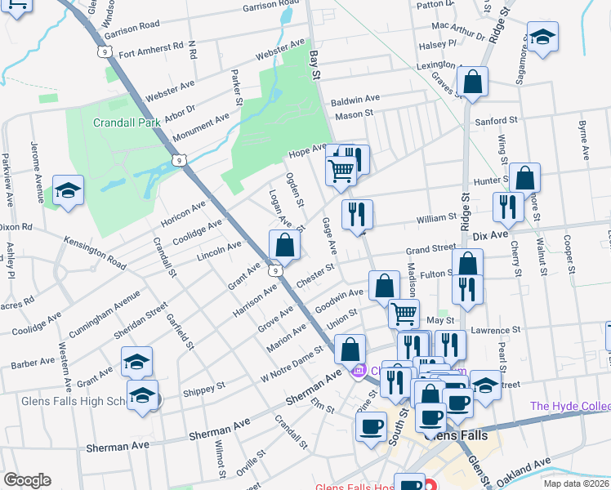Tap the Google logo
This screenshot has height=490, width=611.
coord(26,480)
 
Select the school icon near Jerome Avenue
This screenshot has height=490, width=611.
coord(69,191)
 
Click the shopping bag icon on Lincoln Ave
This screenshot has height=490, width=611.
coord(284,245)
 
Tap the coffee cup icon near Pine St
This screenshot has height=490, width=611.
coord(371,426)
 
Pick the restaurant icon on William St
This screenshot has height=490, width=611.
coord(357,215)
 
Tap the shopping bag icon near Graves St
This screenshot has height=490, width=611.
coord(472,82)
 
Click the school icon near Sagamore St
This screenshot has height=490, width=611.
coord(542,38)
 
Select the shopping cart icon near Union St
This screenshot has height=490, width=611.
coord(404,314)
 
